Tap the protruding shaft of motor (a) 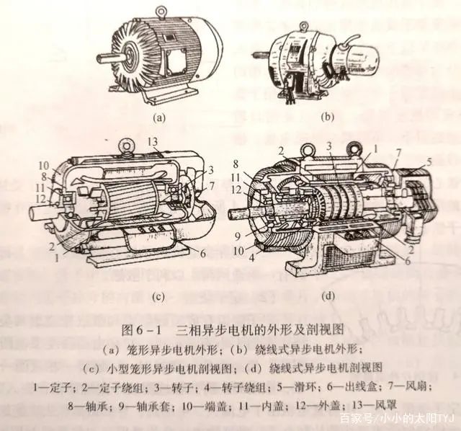pyautogui.click(x=111, y=57)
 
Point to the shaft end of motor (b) pyautogui.click(x=261, y=55)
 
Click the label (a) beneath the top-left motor pyautogui.click(x=159, y=117)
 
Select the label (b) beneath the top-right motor pyautogui.click(x=328, y=117)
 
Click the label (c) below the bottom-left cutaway pyautogui.click(x=158, y=298)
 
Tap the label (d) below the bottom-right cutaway pyautogui.click(x=328, y=296)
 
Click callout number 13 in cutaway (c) pyautogui.click(x=153, y=142)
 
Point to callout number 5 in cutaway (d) pyautogui.click(x=429, y=162)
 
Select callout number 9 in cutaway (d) pyautogui.click(x=239, y=236)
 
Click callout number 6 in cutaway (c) pyautogui.click(x=203, y=254)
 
